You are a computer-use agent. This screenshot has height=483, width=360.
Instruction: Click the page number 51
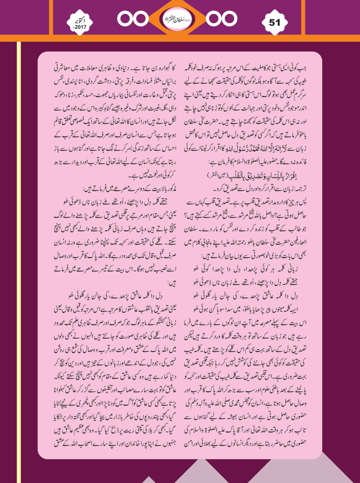click(x=274, y=22)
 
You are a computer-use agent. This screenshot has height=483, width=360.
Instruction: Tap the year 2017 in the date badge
click(x=80, y=27)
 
